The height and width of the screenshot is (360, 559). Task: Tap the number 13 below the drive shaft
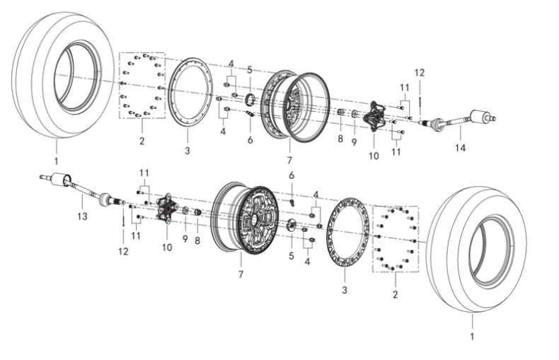coord(82,216)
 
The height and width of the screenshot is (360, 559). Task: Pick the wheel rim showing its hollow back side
coord(294,106)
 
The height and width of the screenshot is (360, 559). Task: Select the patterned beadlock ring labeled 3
coord(347,231)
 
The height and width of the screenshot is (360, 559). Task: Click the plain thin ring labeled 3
coord(188,91)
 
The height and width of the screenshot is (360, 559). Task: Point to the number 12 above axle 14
coord(419,72)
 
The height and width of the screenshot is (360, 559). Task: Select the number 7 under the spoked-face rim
coord(241,273)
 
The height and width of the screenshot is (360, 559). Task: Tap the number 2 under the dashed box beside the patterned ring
coord(394,291)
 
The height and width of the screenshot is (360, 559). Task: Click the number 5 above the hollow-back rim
coord(249,69)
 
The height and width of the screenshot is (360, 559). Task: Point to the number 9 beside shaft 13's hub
coord(184,240)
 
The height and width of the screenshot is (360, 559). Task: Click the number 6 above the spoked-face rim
coord(291,175)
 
